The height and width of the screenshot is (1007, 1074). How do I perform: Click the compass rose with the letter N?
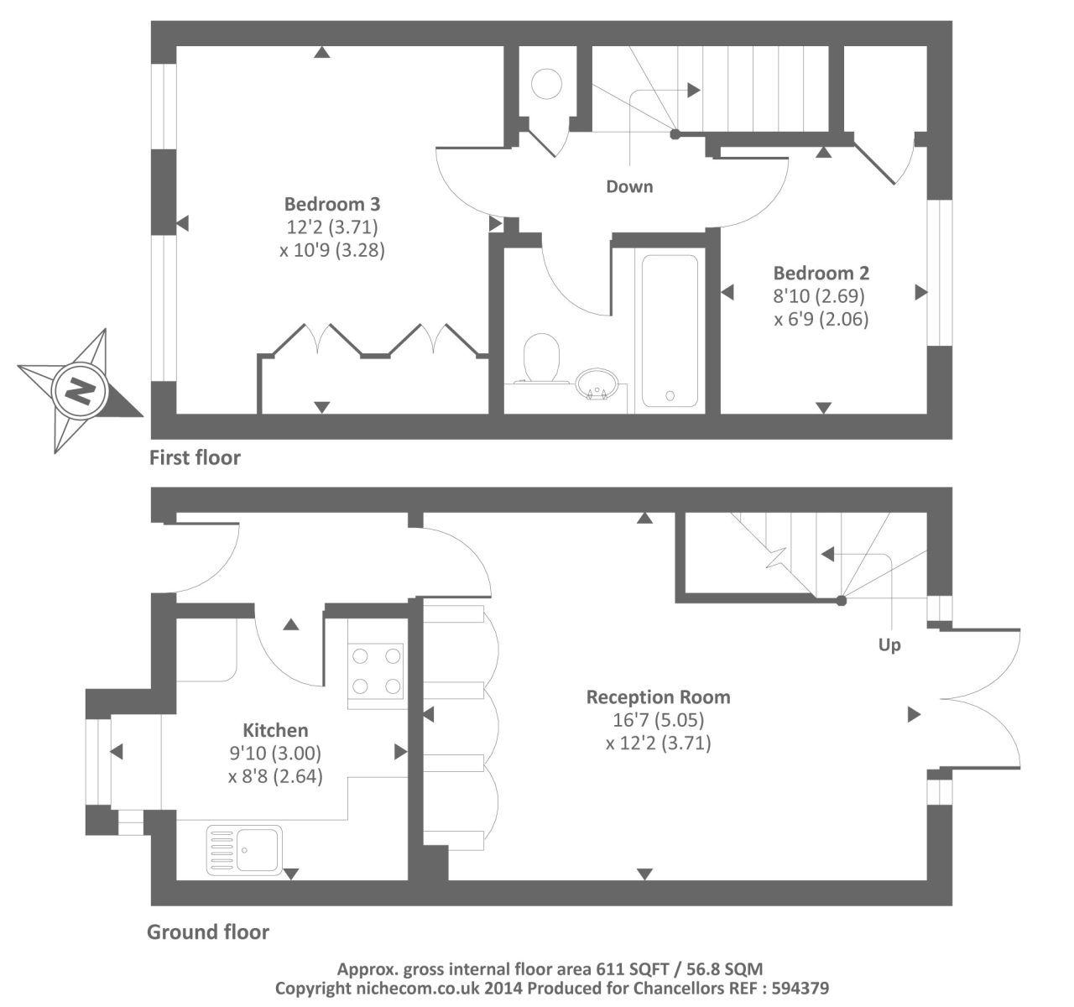point(80,390)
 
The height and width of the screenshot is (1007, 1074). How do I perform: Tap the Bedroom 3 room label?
point(332,204)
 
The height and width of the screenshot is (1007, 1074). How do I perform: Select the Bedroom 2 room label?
point(821,273)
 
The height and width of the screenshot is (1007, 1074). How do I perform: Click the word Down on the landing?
point(629,186)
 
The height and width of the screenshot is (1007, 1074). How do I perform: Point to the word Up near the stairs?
point(889,644)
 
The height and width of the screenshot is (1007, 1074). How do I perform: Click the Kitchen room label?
point(275,730)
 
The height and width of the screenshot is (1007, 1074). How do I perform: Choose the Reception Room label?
point(658,697)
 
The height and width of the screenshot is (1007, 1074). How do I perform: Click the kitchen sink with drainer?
point(244,849)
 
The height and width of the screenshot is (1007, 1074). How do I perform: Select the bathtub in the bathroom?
point(670,331)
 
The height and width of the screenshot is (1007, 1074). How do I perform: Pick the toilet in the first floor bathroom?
point(541,359)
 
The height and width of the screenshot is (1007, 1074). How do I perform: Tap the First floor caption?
point(195,457)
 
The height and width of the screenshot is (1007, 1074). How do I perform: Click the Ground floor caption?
point(208,931)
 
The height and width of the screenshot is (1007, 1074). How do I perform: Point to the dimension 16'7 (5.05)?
point(658,719)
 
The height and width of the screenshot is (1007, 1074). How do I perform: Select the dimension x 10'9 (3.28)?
point(332,250)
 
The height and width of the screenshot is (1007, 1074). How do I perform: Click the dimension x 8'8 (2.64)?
point(275,776)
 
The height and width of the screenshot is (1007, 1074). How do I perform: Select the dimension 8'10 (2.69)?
point(818,295)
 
